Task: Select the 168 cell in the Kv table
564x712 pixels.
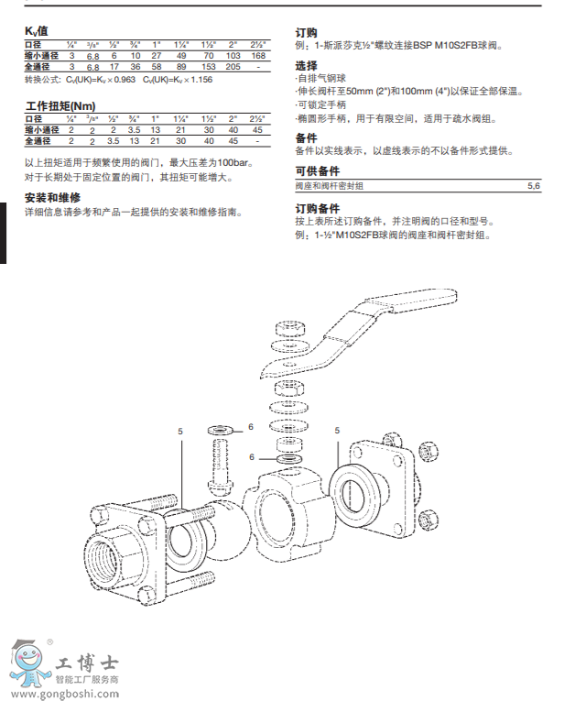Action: click(257, 56)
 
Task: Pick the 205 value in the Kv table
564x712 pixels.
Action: click(233, 67)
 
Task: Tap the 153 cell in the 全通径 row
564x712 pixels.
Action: click(208, 67)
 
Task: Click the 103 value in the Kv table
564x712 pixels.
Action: click(233, 56)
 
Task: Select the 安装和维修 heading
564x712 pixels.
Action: click(52, 198)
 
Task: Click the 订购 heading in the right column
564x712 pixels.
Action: click(306, 31)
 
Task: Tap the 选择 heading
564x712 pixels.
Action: click(306, 66)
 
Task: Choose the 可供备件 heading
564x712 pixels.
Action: click(318, 171)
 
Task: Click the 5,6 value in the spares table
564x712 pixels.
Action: click(534, 186)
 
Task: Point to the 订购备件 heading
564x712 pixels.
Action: click(318, 208)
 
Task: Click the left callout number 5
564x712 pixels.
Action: click(180, 430)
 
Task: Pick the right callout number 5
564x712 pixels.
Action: click(337, 430)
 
